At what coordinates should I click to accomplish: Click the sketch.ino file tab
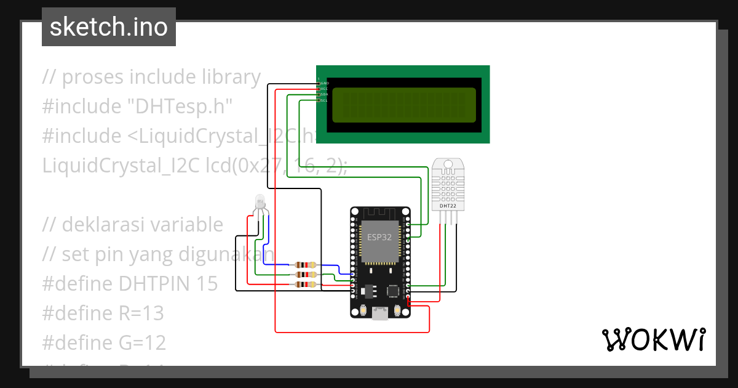coord(109,27)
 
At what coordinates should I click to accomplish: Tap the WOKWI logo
coord(653,339)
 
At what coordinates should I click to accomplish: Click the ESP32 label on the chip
coord(379,237)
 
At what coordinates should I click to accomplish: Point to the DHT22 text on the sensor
coord(448,206)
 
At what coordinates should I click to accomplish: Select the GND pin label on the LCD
coord(324,83)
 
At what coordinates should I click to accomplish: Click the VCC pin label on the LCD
coord(323,89)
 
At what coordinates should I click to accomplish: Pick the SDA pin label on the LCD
coord(323,94)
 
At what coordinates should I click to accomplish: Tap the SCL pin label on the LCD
coord(323,100)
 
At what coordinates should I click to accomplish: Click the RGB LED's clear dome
coord(260,201)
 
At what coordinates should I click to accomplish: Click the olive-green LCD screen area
coord(404,105)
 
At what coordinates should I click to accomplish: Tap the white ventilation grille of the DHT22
coord(448,183)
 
